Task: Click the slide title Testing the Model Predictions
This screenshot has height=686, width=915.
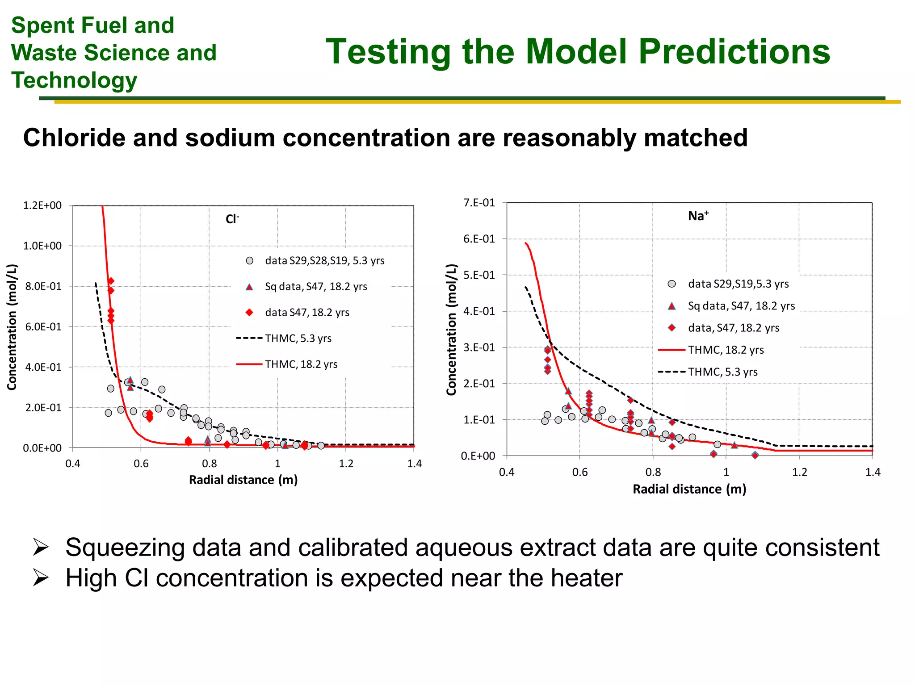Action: tap(578, 52)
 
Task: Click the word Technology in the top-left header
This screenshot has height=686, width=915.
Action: tap(74, 81)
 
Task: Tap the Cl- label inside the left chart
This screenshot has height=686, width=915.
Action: tap(232, 219)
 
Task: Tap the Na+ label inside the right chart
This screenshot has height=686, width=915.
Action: tap(698, 216)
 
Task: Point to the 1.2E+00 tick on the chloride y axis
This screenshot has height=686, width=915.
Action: tap(42, 205)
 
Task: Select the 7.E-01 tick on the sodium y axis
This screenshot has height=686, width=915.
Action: tap(479, 203)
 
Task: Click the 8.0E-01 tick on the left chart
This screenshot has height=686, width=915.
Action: tap(43, 286)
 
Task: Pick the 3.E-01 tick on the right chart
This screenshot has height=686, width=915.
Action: tap(479, 347)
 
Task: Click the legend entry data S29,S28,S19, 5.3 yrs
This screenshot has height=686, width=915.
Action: tap(324, 260)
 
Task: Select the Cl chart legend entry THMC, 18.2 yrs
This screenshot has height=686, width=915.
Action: tap(301, 364)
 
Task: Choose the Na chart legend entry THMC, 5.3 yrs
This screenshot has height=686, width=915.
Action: tap(722, 372)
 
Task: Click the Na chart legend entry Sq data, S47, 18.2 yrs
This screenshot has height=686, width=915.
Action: tap(741, 306)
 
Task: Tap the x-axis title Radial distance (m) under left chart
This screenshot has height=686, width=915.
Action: tap(243, 480)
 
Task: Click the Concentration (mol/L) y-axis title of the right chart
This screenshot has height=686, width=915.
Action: tap(452, 330)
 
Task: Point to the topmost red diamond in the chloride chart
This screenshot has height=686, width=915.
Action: tap(111, 281)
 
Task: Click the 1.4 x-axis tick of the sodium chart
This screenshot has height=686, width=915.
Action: tap(872, 473)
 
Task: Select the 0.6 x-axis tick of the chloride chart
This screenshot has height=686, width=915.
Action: tap(141, 464)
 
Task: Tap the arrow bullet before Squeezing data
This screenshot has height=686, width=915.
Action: tap(40, 548)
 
